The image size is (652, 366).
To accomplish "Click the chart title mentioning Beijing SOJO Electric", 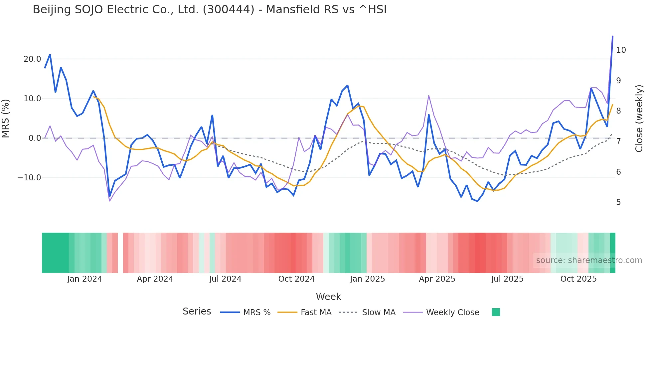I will pyautogui.click(x=210, y=10).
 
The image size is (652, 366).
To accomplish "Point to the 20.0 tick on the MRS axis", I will pyautogui.click(x=32, y=59).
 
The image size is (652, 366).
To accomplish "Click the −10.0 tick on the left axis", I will pyautogui.click(x=29, y=178).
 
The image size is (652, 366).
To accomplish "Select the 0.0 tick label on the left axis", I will pyautogui.click(x=35, y=138).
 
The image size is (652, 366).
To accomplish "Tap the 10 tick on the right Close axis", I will pyautogui.click(x=621, y=50).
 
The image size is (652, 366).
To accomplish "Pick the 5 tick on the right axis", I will pyautogui.click(x=618, y=202).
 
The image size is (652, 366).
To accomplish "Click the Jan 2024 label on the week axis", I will pyautogui.click(x=84, y=279).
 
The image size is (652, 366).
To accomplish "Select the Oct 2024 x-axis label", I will pyautogui.click(x=296, y=279).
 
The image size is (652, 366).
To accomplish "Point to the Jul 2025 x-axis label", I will pyautogui.click(x=507, y=279).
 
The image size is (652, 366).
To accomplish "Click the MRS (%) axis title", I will pyautogui.click(x=6, y=119).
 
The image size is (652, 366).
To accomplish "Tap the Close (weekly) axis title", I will pyautogui.click(x=639, y=119).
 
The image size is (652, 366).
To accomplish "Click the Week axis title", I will pyautogui.click(x=328, y=297).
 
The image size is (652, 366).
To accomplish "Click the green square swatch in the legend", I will pyautogui.click(x=496, y=312).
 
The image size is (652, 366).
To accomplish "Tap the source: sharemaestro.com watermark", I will pyautogui.click(x=589, y=260).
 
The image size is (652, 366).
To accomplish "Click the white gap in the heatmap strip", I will pyautogui.click(x=120, y=253).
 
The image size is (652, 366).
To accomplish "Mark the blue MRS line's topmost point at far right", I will pyautogui.click(x=613, y=36).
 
